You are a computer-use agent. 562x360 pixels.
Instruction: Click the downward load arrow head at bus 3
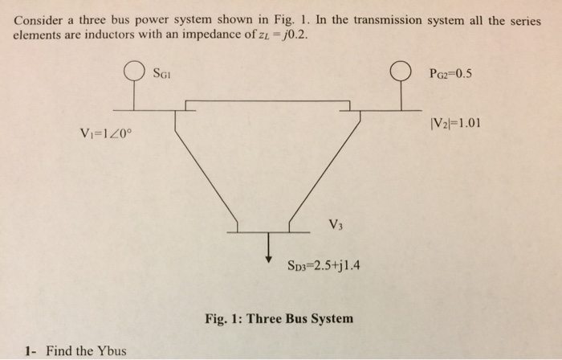269,257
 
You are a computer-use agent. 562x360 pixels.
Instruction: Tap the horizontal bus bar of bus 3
269,231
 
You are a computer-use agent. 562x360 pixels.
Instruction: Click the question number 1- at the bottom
31,350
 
